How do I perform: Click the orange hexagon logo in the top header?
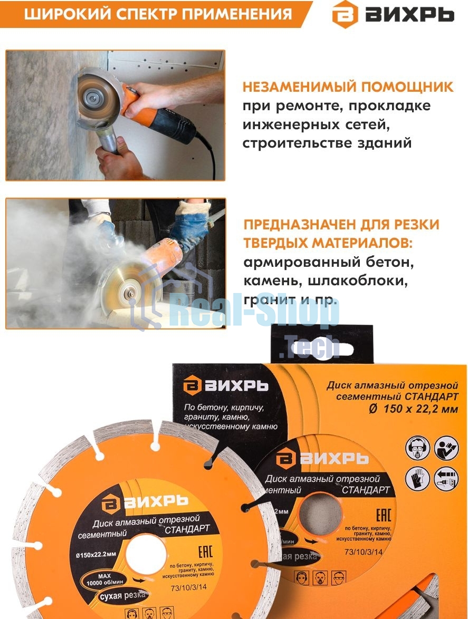point(346,14)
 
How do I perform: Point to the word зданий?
point(385,143)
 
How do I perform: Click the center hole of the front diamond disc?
point(145,555)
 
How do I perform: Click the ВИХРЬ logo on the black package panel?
point(225,385)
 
